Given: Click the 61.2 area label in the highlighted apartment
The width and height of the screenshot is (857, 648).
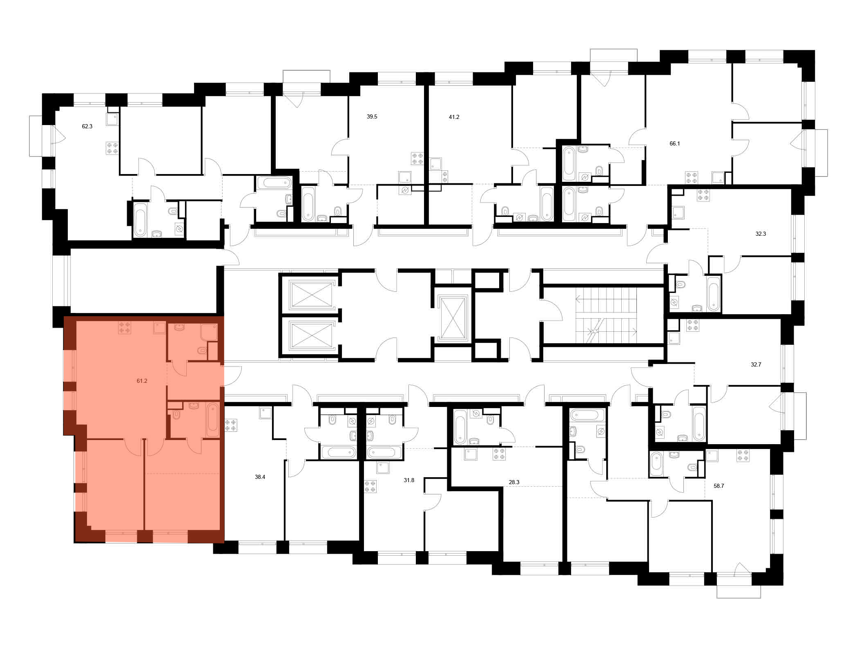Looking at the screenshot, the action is (142, 381).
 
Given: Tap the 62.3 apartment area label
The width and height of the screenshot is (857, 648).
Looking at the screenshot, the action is (87, 126).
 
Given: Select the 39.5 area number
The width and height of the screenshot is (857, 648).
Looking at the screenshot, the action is (372, 116).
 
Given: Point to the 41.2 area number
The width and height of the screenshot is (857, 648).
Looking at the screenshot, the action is (454, 117).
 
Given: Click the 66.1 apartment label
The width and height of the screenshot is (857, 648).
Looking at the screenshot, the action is (674, 143).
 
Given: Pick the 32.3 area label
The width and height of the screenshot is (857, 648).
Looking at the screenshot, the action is (760, 234).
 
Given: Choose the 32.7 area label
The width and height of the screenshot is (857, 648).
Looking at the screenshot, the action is (756, 364).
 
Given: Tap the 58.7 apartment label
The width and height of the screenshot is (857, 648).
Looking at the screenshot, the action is (719, 486).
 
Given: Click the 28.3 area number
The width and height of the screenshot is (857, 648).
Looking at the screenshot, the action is (514, 482).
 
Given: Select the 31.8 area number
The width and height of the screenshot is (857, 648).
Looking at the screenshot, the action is (409, 480).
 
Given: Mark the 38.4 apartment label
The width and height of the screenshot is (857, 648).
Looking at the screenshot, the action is (260, 477).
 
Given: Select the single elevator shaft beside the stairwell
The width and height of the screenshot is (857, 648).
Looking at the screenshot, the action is (453, 318).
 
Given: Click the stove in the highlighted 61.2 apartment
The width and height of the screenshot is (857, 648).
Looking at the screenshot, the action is (125, 327).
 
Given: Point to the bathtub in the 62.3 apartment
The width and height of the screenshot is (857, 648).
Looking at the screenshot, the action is (140, 219).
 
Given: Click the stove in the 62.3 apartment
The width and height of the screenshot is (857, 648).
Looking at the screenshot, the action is (112, 148).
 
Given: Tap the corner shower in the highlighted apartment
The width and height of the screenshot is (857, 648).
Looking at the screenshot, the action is (209, 332).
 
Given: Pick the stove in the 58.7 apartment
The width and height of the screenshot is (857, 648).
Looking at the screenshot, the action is (743, 456).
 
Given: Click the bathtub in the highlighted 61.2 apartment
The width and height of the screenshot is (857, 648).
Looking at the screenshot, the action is (212, 420).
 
